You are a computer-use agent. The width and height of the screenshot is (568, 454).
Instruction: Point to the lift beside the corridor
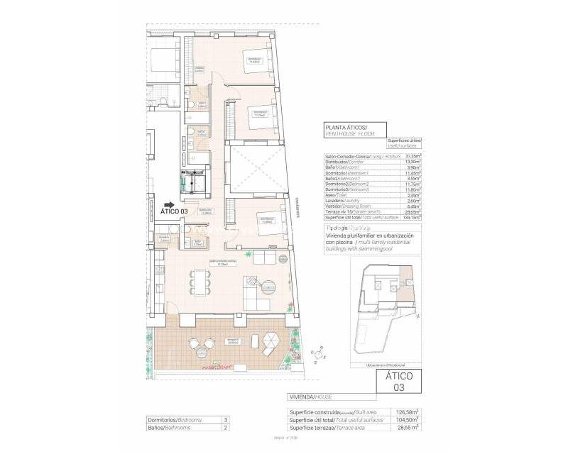point(197,183)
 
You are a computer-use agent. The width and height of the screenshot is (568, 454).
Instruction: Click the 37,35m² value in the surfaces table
point(410,155)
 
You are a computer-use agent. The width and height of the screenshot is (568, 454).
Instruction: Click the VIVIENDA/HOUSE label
point(310,397)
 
